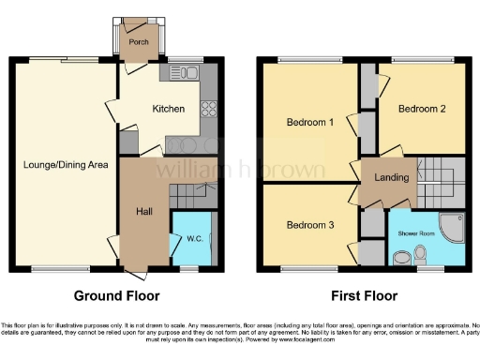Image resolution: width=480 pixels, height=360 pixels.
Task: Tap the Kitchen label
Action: click(170, 109)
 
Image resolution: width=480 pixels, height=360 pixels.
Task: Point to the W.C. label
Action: click(195, 239)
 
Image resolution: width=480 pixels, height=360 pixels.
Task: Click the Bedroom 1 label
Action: click(310, 123)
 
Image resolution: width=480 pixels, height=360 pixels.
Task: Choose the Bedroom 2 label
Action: click(421, 109)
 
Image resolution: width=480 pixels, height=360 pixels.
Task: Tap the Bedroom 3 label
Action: click(310, 225)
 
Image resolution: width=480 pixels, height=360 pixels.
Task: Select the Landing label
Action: click(390, 177)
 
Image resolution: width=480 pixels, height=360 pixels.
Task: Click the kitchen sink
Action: click(176, 73)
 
